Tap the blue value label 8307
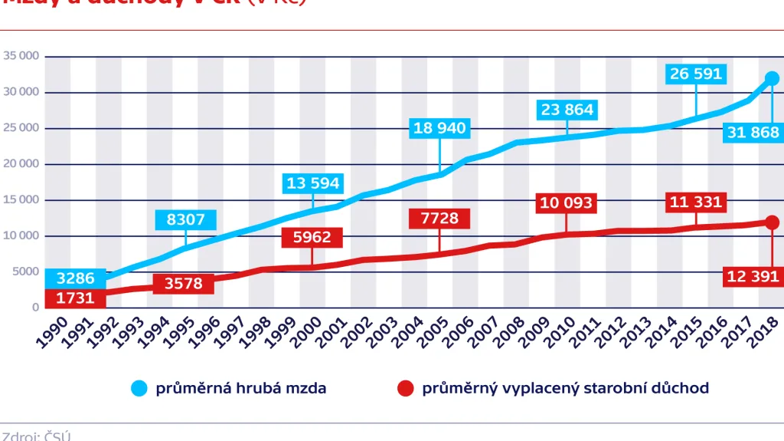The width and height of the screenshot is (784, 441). pyautogui.click(x=185, y=220)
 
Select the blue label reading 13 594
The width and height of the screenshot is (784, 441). pyautogui.click(x=312, y=183)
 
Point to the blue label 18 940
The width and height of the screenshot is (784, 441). pyautogui.click(x=439, y=128)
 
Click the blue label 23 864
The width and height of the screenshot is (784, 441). pyautogui.click(x=567, y=110)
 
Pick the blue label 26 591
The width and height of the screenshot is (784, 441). pyautogui.click(x=696, y=74)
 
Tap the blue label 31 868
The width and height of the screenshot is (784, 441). pyautogui.click(x=753, y=131)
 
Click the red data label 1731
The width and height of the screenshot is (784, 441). pyautogui.click(x=75, y=297)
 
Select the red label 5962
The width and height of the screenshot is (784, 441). pyautogui.click(x=312, y=237)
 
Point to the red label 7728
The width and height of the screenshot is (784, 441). pyautogui.click(x=439, y=219)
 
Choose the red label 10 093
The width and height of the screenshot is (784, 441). pyautogui.click(x=567, y=202)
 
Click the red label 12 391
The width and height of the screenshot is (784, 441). pyautogui.click(x=753, y=276)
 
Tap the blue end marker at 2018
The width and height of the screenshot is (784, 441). pyautogui.click(x=772, y=78)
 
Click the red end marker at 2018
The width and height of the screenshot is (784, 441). pyautogui.click(x=772, y=222)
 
